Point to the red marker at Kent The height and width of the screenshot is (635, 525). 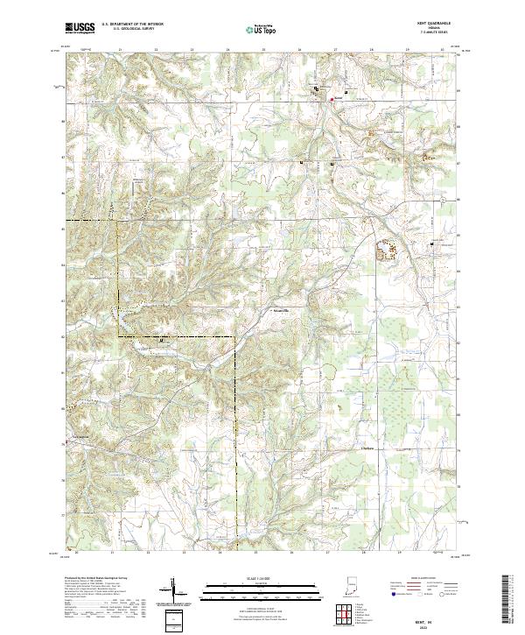coord(332,99)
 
